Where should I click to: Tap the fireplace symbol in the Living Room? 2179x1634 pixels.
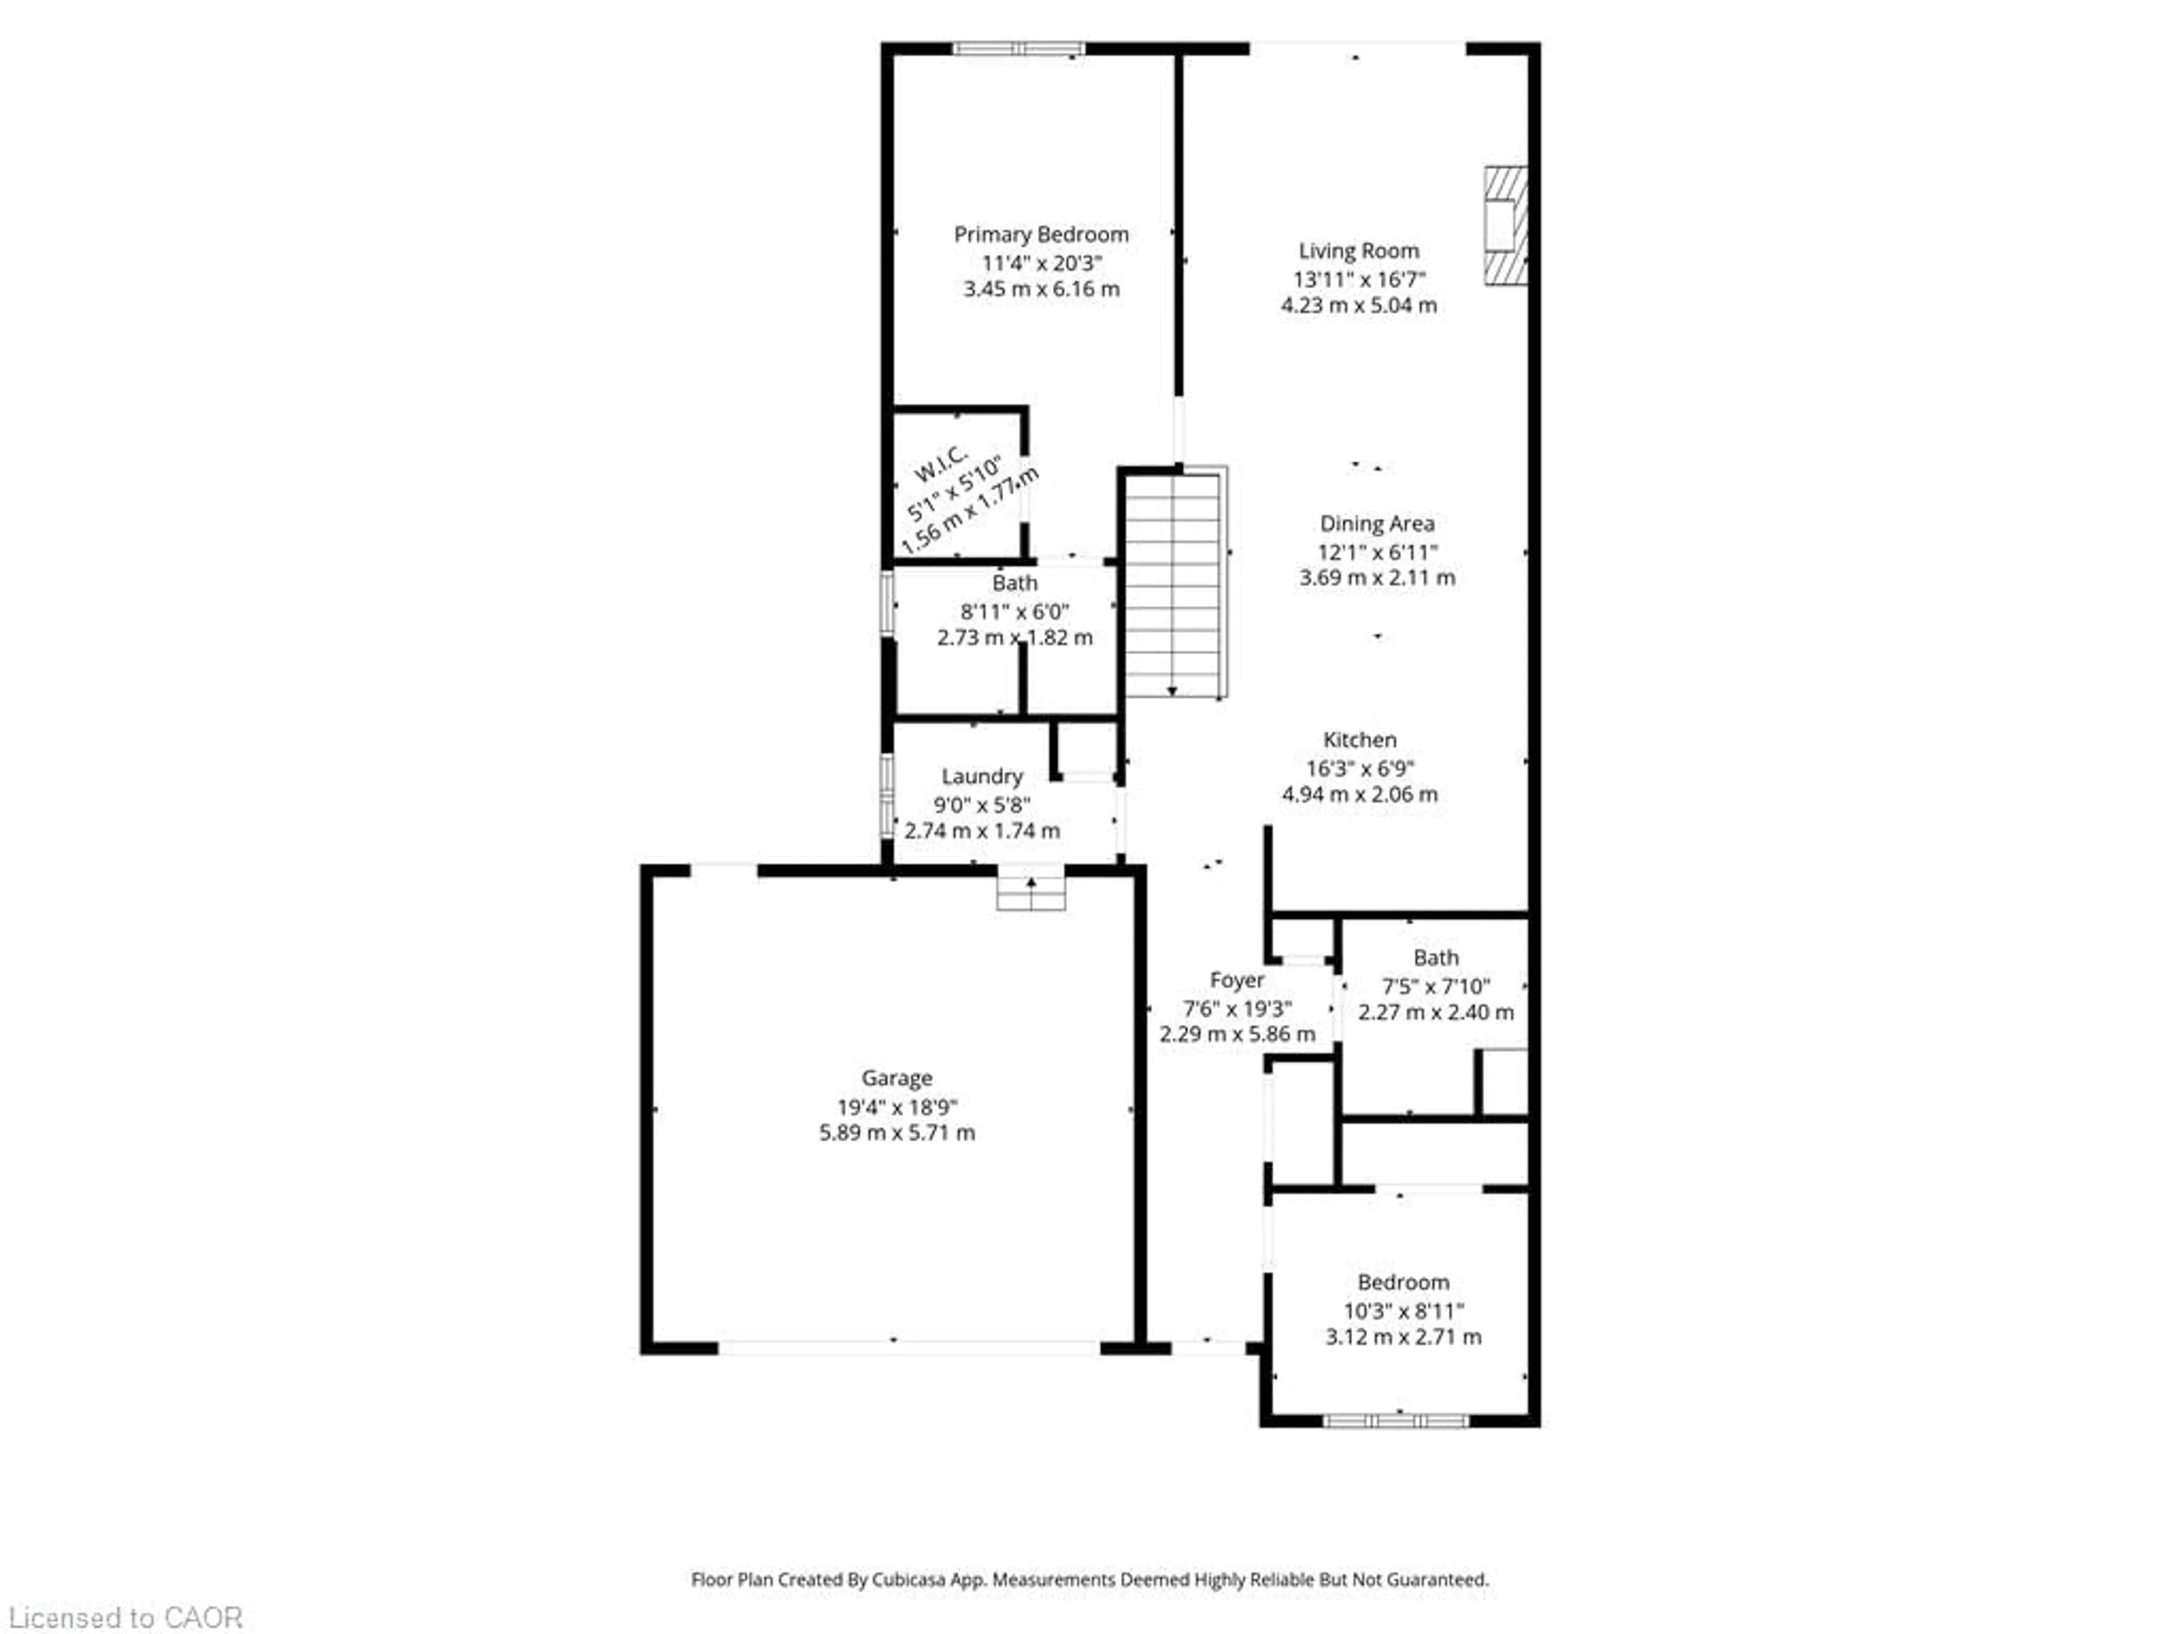(1505, 226)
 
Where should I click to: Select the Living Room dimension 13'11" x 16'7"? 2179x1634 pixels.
(1358, 279)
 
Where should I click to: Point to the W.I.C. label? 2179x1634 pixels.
(941, 464)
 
